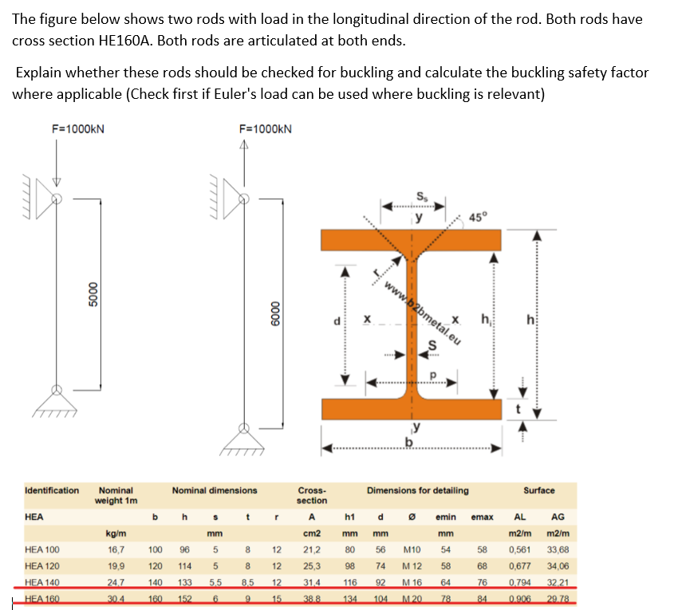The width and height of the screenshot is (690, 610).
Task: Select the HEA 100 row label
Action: [43, 549]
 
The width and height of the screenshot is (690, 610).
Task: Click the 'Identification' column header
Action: [52, 490]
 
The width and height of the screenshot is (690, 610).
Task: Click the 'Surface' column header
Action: [539, 490]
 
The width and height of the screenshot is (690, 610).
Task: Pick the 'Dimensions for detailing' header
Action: [417, 490]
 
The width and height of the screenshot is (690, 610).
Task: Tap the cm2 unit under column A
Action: [312, 533]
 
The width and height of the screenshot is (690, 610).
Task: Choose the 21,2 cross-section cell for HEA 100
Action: [312, 549]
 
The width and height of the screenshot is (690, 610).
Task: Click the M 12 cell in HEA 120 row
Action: [412, 567]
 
